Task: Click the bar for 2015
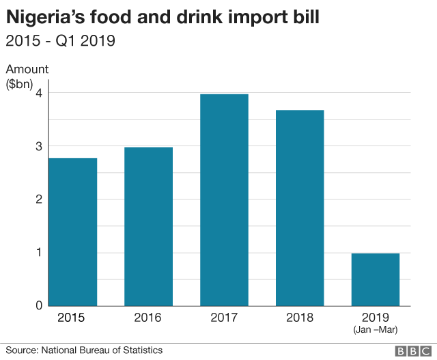click(x=72, y=232)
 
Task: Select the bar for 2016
click(x=148, y=226)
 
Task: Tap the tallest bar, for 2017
click(x=224, y=199)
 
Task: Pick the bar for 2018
click(x=300, y=208)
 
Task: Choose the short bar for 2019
click(x=375, y=279)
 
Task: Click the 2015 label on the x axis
click(x=72, y=318)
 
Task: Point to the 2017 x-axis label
click(x=224, y=318)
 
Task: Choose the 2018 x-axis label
click(x=300, y=318)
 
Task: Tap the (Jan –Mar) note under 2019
click(x=375, y=330)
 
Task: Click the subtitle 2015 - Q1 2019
click(x=60, y=41)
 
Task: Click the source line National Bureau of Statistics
click(x=102, y=350)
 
